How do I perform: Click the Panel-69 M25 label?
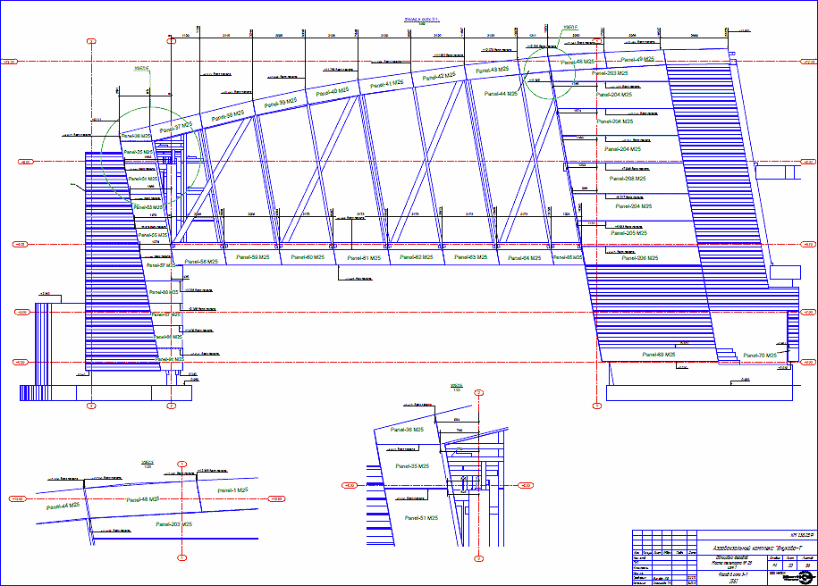coord(660,355)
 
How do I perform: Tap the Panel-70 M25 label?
coord(762,356)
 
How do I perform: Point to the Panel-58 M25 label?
coord(202,262)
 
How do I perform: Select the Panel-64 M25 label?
coord(526,258)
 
